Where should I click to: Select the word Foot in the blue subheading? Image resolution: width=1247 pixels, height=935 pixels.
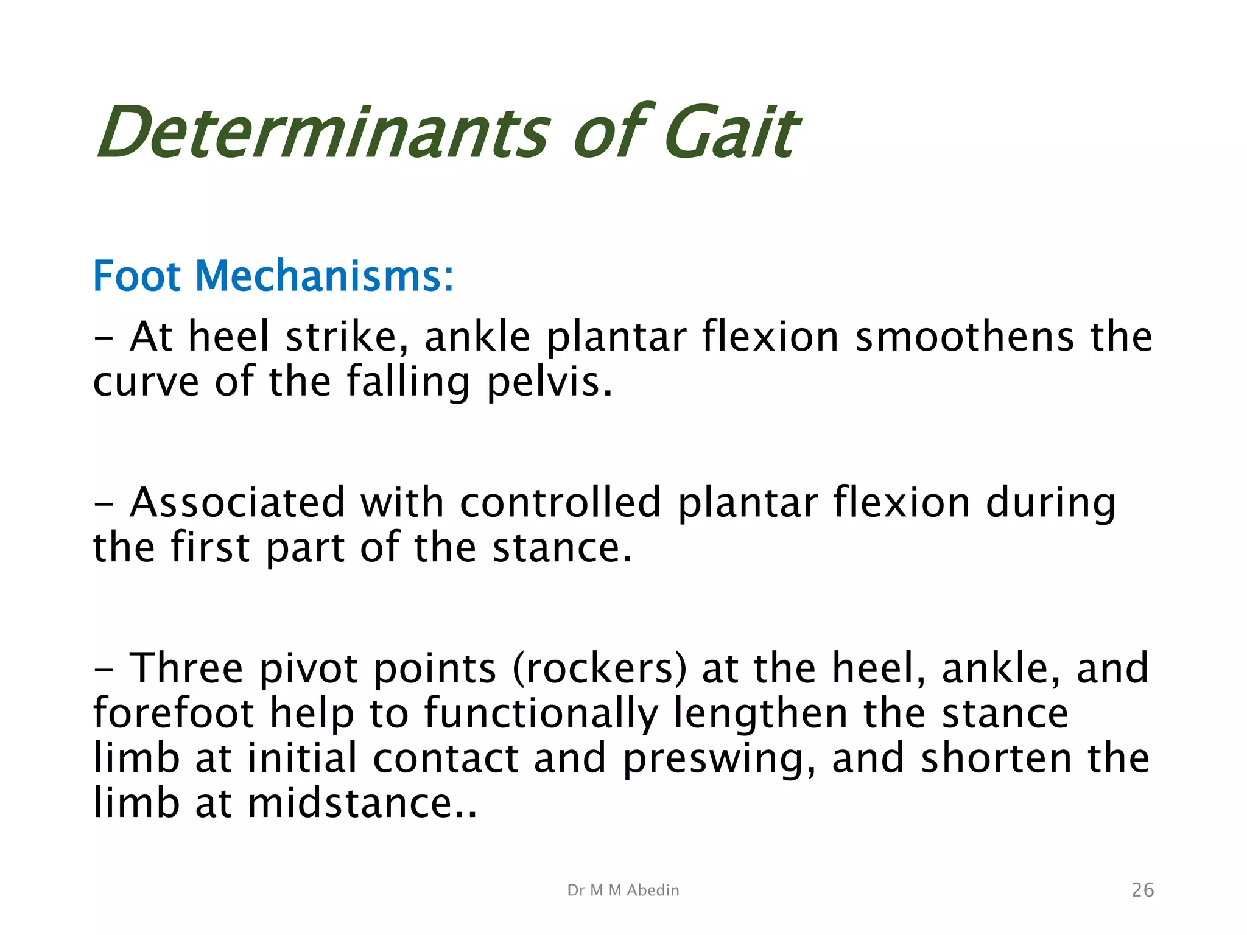coord(137,276)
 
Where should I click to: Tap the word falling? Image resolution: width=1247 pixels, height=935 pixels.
coord(409,382)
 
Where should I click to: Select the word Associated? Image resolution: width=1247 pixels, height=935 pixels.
coord(237,502)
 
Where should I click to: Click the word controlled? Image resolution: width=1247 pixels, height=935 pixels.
coord(560,502)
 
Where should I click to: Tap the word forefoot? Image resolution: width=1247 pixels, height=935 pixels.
coord(174,713)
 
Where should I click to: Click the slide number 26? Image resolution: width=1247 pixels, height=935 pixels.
coord(1142,890)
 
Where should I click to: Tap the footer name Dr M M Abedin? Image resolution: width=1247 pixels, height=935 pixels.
coord(623,890)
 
